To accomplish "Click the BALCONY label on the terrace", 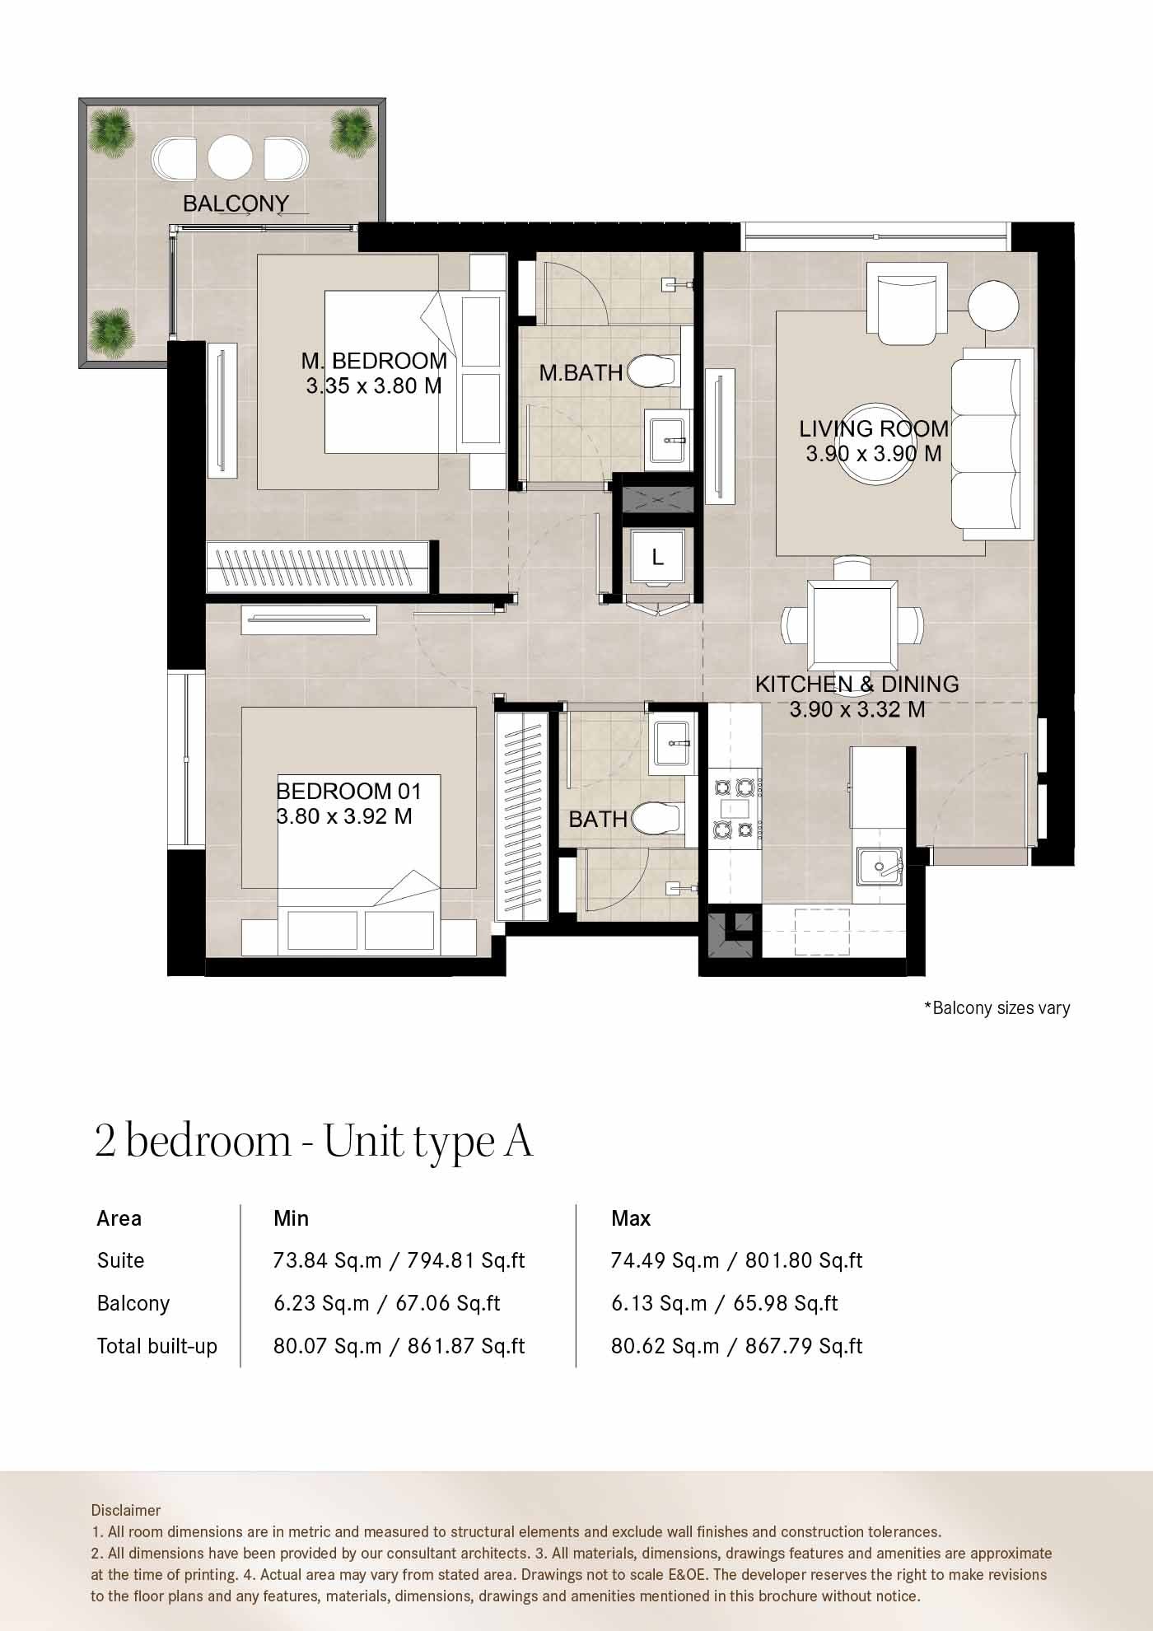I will pyautogui.click(x=236, y=203).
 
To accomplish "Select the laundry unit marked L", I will pyautogui.click(x=657, y=558).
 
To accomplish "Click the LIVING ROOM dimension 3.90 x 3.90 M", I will pyautogui.click(x=873, y=454).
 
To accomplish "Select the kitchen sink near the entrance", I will pyautogui.click(x=880, y=866).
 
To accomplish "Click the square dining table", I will pyautogui.click(x=852, y=626).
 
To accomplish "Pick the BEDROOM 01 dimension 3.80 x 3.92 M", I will pyautogui.click(x=344, y=816).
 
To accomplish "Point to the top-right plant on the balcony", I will pyautogui.click(x=352, y=129).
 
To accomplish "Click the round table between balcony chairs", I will pyautogui.click(x=230, y=157).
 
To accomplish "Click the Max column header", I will pyautogui.click(x=631, y=1218).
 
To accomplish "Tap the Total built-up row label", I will pyautogui.click(x=157, y=1346).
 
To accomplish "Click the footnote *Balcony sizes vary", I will pyautogui.click(x=997, y=1007).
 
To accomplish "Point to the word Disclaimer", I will pyautogui.click(x=126, y=1510).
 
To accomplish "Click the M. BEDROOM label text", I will pyautogui.click(x=374, y=361).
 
